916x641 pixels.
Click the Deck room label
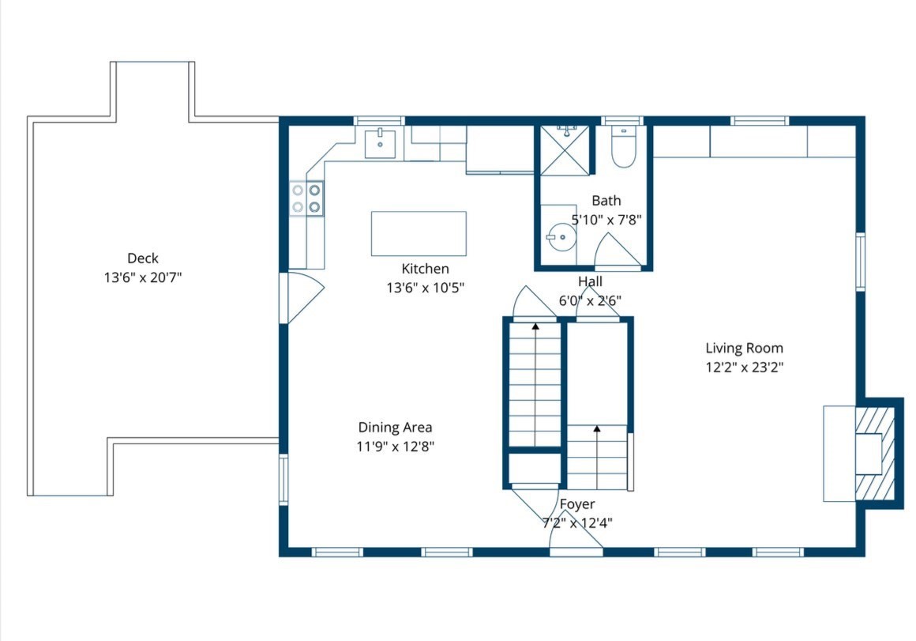click(x=143, y=258)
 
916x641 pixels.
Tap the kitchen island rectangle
click(x=419, y=233)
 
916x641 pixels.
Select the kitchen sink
click(x=380, y=141)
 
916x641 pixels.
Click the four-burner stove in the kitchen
click(x=306, y=198)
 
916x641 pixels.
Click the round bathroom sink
click(x=561, y=236)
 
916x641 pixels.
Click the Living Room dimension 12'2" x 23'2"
click(x=744, y=367)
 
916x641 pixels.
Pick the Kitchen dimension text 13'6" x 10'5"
click(x=425, y=288)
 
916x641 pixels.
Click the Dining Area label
click(x=395, y=428)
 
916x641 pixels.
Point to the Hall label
click(x=590, y=281)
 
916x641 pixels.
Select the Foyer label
click(x=577, y=504)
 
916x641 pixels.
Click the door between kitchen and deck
click(x=301, y=297)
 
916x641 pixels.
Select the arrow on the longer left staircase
click(x=535, y=326)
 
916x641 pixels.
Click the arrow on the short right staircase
click(x=597, y=429)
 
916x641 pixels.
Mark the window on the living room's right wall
click(x=861, y=262)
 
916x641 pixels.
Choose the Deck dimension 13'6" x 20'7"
click(x=143, y=277)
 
